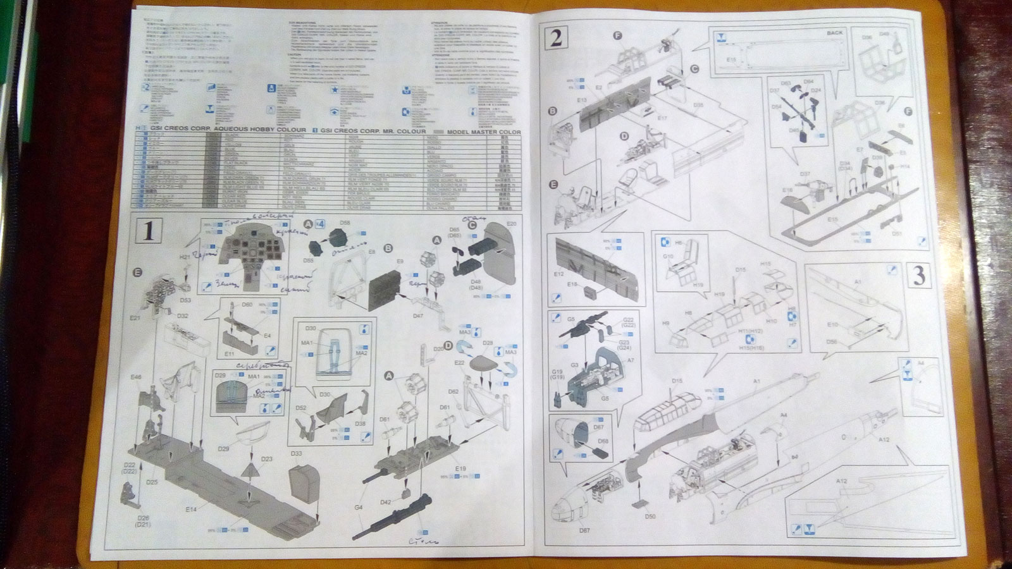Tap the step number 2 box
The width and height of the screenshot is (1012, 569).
pos(556,39)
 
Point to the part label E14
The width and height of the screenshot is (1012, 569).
pos(192,510)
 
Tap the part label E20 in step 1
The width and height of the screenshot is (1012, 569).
pos(512,224)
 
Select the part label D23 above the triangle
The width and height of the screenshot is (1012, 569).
pos(266,460)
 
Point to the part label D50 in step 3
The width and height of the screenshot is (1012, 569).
pos(650,517)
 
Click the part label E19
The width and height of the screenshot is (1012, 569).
pos(460,468)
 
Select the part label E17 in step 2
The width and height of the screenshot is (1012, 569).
pos(662,118)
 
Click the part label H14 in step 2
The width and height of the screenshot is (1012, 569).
pos(905,166)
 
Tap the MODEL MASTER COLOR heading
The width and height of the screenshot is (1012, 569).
pos(483,132)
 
